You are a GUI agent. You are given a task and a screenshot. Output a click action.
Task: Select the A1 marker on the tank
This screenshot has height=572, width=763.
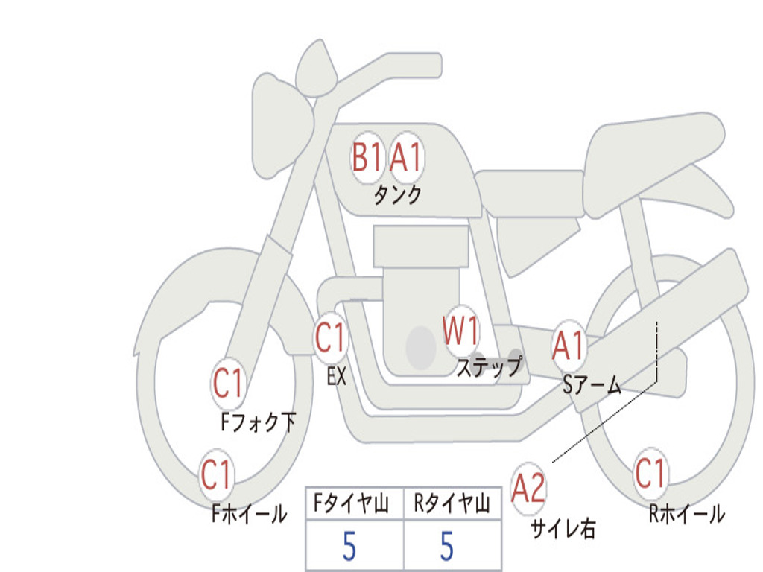pos(406,157)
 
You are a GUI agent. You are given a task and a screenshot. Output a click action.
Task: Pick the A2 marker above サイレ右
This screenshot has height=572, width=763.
pos(528,489)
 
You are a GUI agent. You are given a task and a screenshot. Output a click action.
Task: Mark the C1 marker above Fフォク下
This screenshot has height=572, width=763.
pos(228,384)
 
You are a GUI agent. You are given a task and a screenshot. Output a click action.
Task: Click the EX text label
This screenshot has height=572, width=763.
pos(337,377)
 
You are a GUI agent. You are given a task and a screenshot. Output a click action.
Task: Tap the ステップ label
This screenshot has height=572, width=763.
pos(490,367)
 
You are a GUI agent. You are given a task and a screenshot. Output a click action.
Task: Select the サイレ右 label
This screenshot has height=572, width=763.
pos(563,528)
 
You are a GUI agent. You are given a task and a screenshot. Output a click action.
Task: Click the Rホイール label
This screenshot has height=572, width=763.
pos(686,514)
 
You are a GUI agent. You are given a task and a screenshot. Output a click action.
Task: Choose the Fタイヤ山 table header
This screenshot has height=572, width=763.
pos(353,505)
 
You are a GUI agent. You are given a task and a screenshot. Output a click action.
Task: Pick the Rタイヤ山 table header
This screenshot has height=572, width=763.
pos(452,505)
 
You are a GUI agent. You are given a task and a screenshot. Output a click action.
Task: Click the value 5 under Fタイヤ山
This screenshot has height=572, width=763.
pos(349,546)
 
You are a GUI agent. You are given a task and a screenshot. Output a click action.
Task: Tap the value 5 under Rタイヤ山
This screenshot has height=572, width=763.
pos(446,546)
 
